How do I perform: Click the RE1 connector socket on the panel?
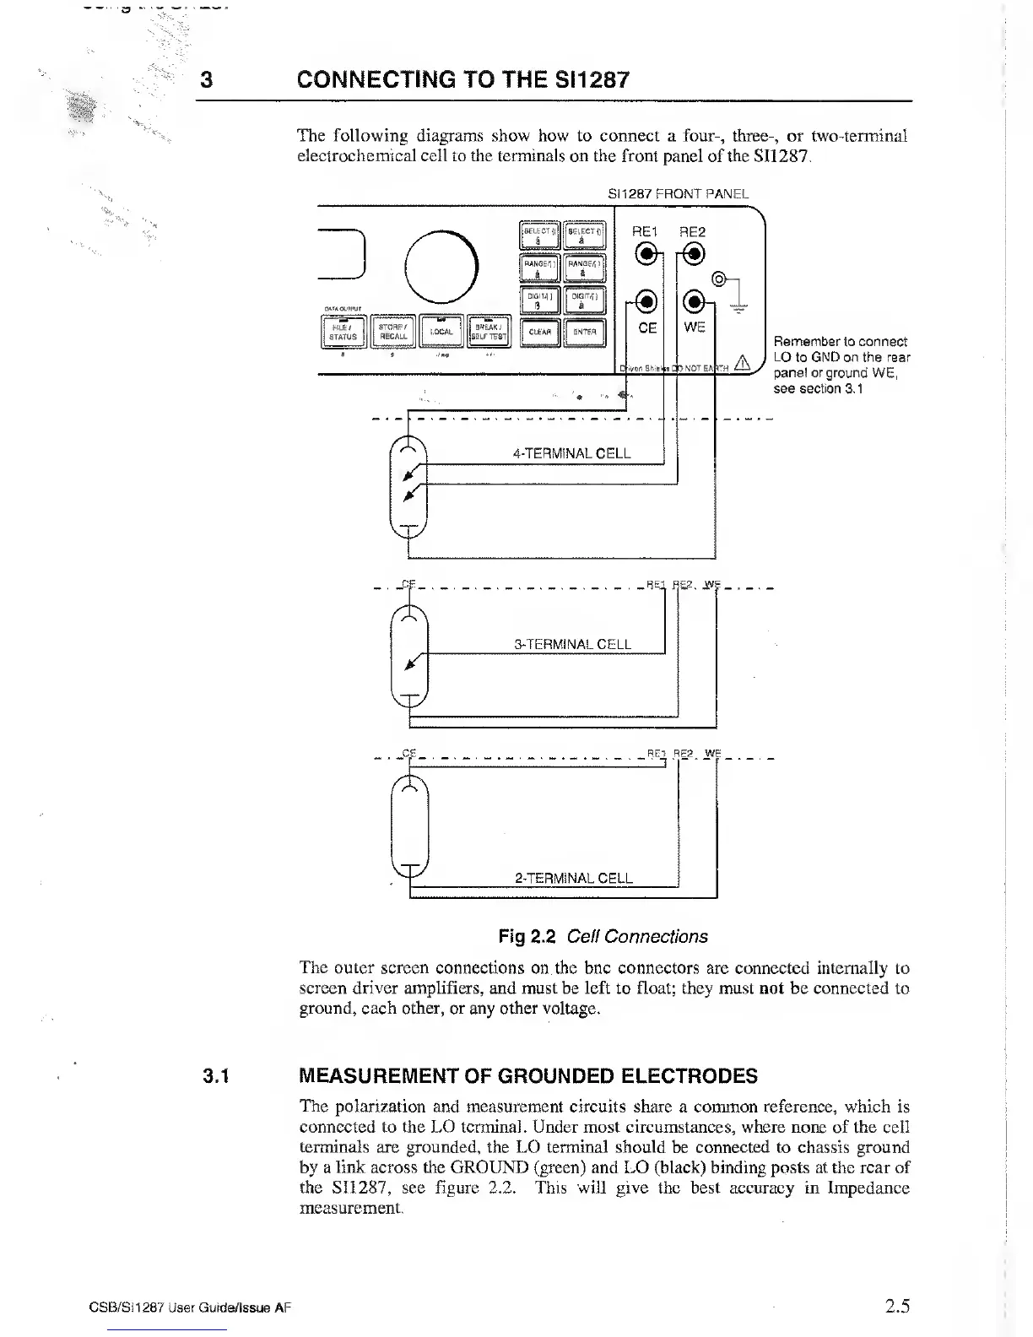pos(646,254)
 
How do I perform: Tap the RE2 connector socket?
pos(694,254)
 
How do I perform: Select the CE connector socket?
pos(646,300)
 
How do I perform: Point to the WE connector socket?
pos(694,300)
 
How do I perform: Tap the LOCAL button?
pos(441,331)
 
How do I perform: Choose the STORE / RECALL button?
pos(393,332)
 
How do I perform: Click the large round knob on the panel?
pos(441,267)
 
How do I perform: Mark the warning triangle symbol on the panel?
pos(743,364)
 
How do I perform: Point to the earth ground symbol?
pos(742,309)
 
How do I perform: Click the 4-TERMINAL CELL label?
pos(571,453)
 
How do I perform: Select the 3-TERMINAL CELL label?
pos(572,645)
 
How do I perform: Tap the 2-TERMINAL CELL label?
pos(573,878)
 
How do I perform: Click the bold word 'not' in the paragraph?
pos(773,988)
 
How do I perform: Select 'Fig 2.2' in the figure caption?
pos(524,937)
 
